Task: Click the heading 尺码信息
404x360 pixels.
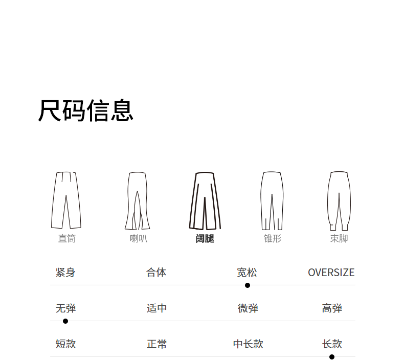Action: [x=85, y=110]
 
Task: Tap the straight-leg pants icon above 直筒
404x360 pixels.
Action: [x=66, y=200]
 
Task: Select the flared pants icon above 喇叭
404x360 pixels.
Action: [x=138, y=201]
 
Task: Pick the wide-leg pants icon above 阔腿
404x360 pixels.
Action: [x=205, y=201]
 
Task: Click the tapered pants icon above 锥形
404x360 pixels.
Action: [x=272, y=201]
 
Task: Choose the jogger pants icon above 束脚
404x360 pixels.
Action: [x=339, y=201]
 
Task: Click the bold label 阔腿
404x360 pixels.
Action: [x=205, y=239]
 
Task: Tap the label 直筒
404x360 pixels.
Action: [x=66, y=239]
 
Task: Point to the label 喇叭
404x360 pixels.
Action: [x=139, y=239]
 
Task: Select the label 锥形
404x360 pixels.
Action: [x=273, y=239]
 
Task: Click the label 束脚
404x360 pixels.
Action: [x=339, y=239]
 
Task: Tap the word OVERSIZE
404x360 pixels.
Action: [x=331, y=273]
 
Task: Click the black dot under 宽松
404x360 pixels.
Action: [x=248, y=285]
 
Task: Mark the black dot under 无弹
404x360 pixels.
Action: [x=65, y=321]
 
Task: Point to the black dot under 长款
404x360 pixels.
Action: [x=332, y=357]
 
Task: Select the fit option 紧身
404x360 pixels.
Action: [x=65, y=273]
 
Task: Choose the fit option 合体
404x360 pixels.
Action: [x=156, y=273]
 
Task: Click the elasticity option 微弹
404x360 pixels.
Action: [x=248, y=308]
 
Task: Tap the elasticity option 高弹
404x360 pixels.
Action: [x=332, y=308]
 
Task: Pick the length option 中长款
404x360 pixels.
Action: [x=248, y=344]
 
